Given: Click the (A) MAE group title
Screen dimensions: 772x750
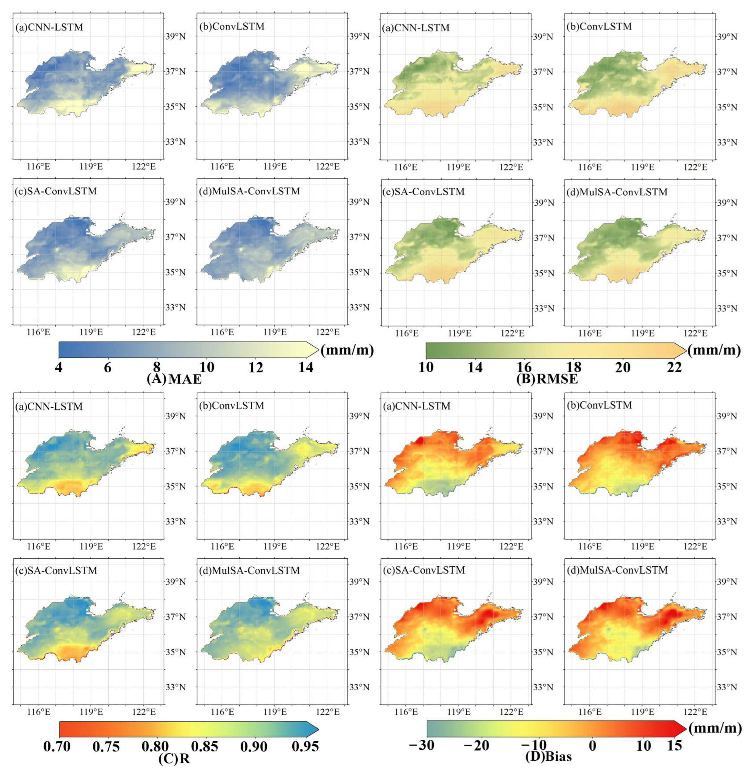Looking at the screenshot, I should [x=174, y=379].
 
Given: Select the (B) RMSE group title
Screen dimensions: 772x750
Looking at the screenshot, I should [x=547, y=379].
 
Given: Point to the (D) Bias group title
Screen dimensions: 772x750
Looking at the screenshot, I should [x=548, y=756].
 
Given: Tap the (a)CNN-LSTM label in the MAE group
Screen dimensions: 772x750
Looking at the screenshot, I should [x=50, y=28].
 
